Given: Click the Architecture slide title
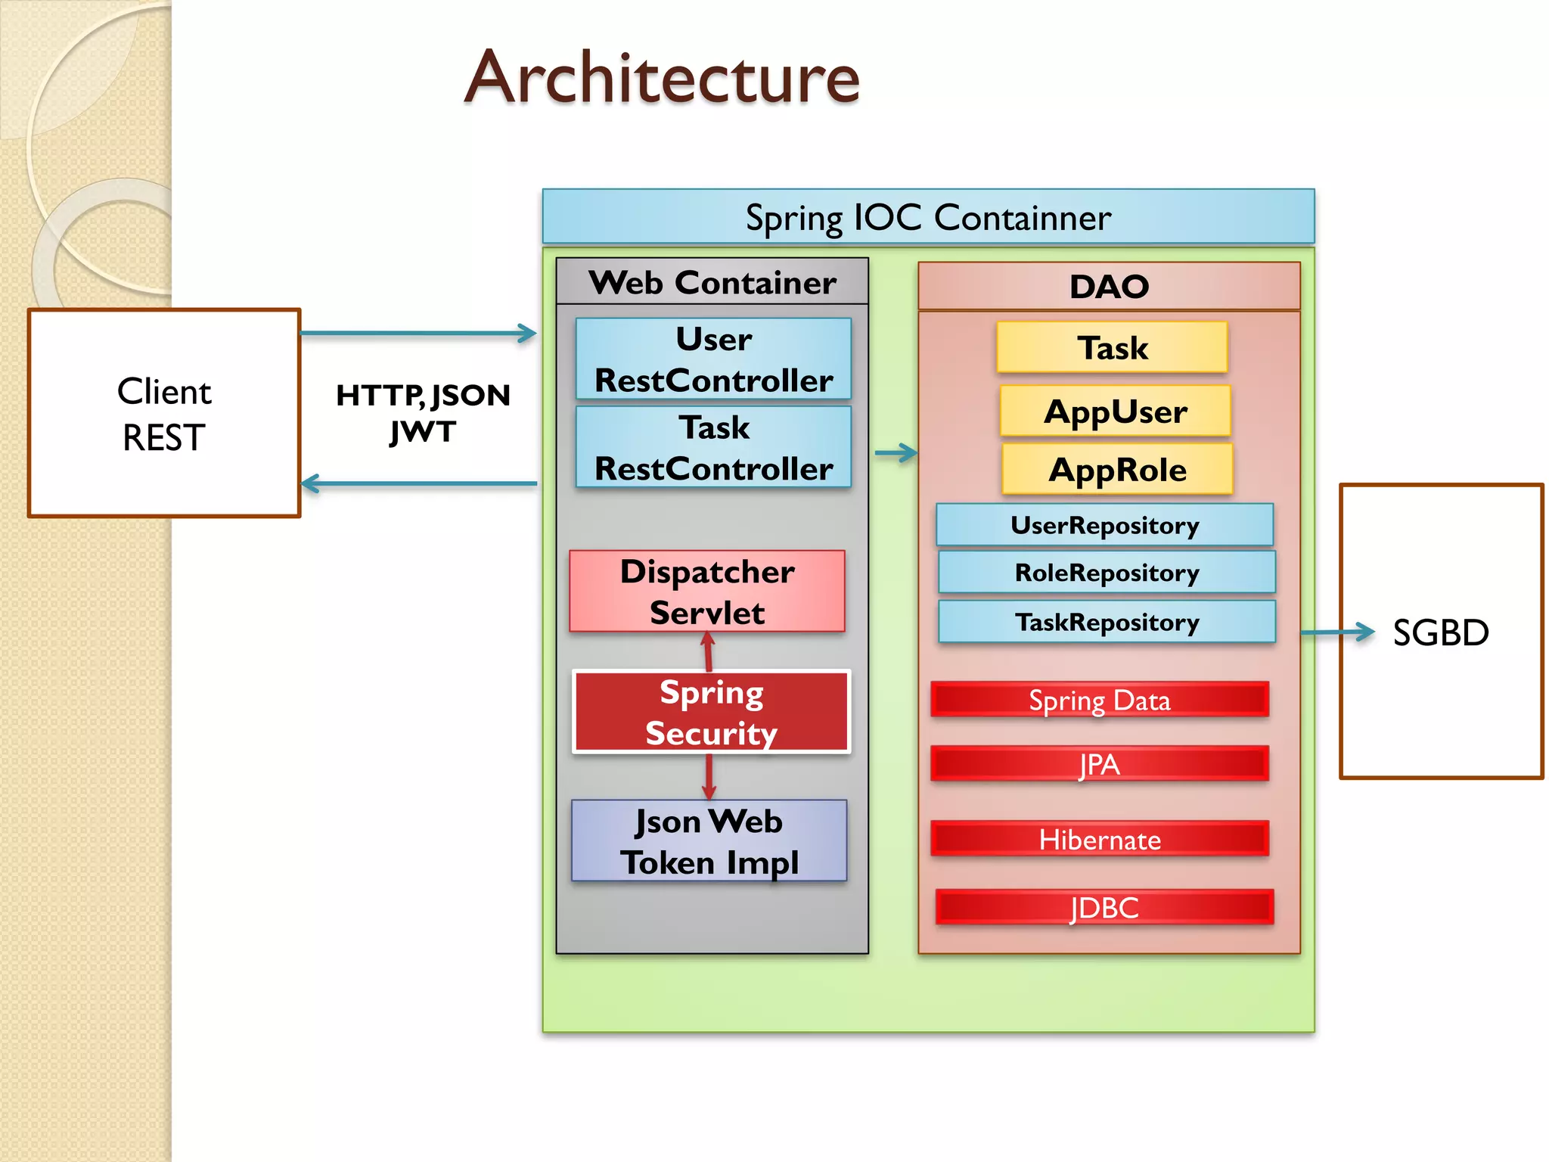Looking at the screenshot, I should click(x=662, y=77).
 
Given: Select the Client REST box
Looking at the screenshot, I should click(x=164, y=413).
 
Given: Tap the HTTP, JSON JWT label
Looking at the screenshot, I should click(x=423, y=413).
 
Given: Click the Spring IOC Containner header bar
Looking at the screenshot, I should click(x=928, y=217).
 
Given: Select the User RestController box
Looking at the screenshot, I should click(x=713, y=359).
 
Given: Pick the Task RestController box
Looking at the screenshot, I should click(x=713, y=447).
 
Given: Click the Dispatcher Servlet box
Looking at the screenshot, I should click(x=707, y=592).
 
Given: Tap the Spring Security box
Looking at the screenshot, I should click(x=712, y=712).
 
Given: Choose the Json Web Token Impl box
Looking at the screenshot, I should click(x=709, y=841).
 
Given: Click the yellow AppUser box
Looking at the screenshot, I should click(x=1115, y=412).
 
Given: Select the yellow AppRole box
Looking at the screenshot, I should click(x=1117, y=470).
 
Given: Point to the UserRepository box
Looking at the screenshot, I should click(x=1104, y=525).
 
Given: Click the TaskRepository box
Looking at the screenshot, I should click(x=1107, y=622).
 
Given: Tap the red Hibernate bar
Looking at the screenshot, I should click(x=1099, y=839).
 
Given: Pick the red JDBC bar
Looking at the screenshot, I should click(x=1104, y=907).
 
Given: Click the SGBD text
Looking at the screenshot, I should click(x=1440, y=632).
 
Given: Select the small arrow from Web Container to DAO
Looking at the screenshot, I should click(x=896, y=453).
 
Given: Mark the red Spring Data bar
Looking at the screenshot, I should click(x=1099, y=700).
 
